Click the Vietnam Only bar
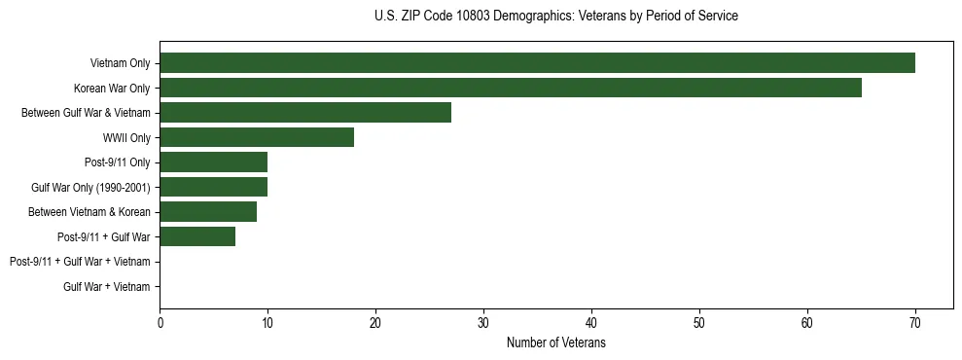click(537, 63)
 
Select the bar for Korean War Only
click(511, 88)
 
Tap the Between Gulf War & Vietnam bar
click(305, 113)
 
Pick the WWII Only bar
click(257, 137)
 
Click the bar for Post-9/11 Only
click(213, 162)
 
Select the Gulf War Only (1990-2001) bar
click(213, 187)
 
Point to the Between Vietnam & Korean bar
click(208, 212)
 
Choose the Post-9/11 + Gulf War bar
click(197, 236)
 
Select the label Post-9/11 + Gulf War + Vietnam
click(80, 262)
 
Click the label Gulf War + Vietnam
click(107, 286)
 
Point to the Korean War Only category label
click(112, 89)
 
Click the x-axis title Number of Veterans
click(556, 343)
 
